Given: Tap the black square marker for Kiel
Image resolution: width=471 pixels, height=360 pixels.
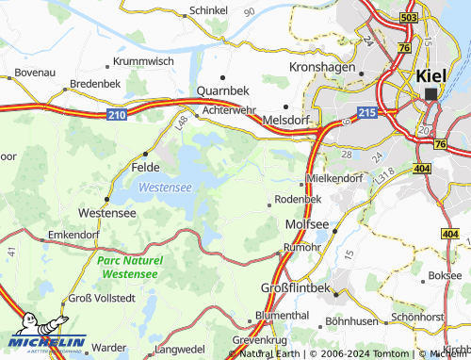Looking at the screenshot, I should click(x=431, y=94).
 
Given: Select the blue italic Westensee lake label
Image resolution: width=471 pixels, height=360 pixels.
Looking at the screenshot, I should click(x=165, y=188).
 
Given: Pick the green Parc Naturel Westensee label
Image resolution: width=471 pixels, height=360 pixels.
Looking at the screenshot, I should click(x=130, y=267).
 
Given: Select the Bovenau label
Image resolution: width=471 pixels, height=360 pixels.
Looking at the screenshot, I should click(x=36, y=71).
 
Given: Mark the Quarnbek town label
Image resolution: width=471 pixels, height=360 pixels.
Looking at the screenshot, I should click(x=222, y=91).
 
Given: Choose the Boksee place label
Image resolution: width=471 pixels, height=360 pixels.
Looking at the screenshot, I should click(x=445, y=276).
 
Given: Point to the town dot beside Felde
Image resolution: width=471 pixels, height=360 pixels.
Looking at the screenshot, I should click(x=145, y=154).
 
